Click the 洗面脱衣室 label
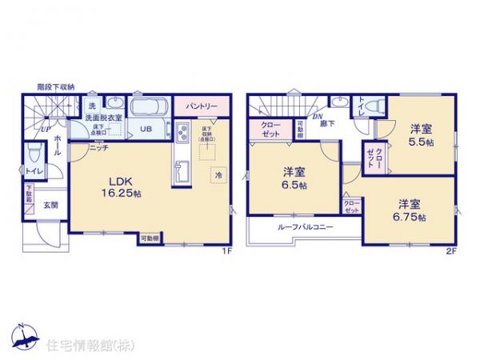(x=104, y=117)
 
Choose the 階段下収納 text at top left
(x=56, y=86)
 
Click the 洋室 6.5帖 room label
(x=294, y=178)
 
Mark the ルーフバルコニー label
(x=306, y=227)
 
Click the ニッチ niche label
(x=99, y=148)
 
